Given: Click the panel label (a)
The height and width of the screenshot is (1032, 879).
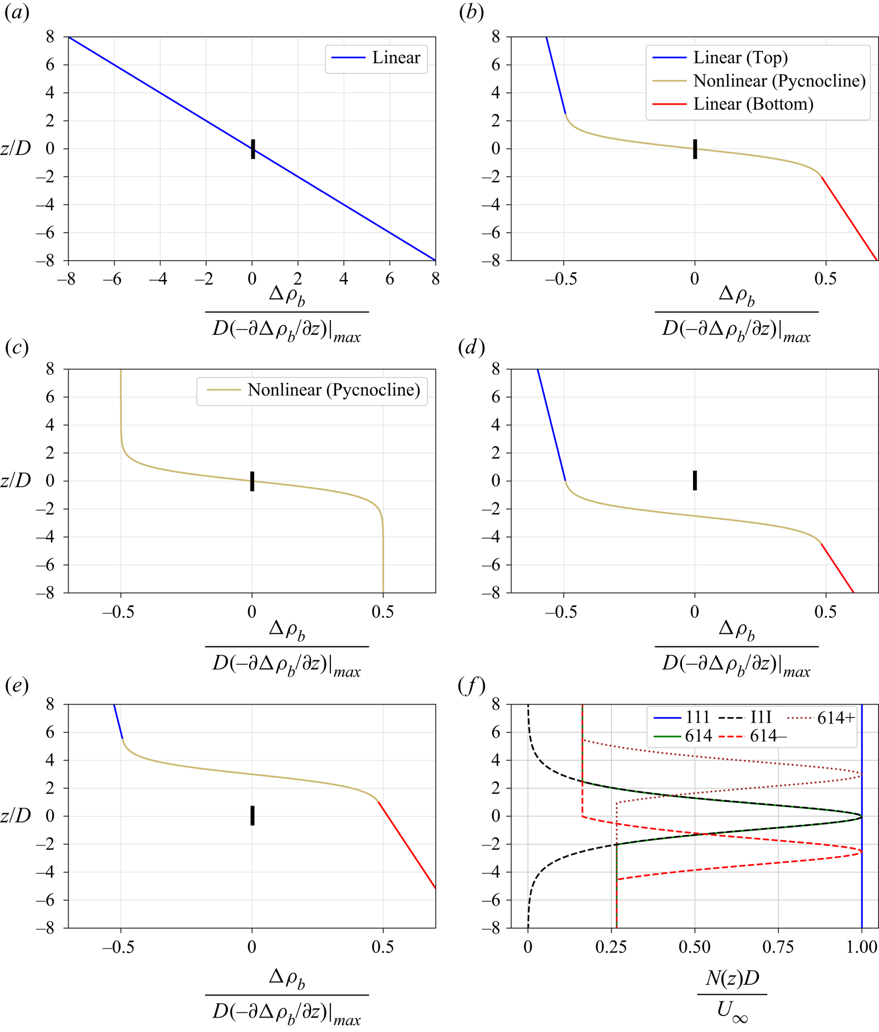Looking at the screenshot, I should pyautogui.click(x=17, y=13).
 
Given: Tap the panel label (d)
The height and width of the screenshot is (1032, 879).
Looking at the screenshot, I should pyautogui.click(x=471, y=347).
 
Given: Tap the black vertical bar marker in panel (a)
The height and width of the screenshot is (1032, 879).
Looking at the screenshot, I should pyautogui.click(x=253, y=149).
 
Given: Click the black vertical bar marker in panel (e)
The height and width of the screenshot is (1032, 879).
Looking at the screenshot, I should pyautogui.click(x=252, y=816).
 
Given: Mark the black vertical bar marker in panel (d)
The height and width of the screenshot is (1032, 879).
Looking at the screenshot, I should pyautogui.click(x=695, y=480).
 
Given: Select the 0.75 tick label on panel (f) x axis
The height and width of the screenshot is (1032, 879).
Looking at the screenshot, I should pyautogui.click(x=778, y=947).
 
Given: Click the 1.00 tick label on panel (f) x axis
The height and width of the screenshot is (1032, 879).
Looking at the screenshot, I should pyautogui.click(x=861, y=947).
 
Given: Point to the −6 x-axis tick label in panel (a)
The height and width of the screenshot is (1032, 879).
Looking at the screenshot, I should pyautogui.click(x=112, y=279).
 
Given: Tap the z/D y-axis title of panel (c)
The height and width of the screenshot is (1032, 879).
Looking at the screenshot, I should pyautogui.click(x=15, y=481).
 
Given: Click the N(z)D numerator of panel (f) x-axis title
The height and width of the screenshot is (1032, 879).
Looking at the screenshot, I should pyautogui.click(x=732, y=978).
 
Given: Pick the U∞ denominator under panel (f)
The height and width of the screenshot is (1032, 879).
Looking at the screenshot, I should pyautogui.click(x=732, y=1011).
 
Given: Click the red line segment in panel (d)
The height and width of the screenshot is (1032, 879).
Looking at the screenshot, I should pyautogui.click(x=837, y=567).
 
